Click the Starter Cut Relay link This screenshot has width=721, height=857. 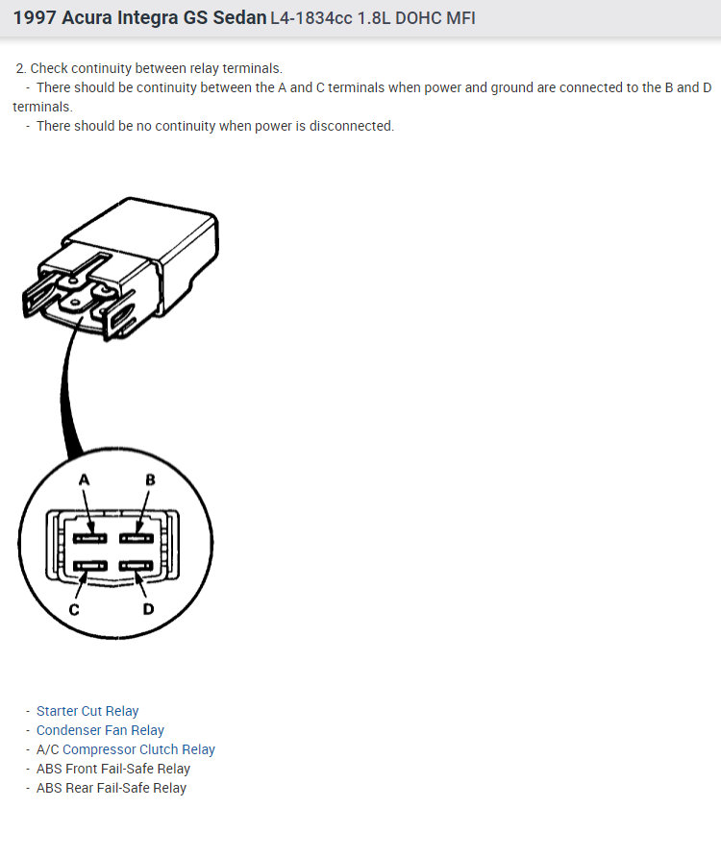click(87, 711)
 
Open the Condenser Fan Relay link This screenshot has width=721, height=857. click(100, 730)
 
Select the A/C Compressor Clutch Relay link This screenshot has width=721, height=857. click(125, 749)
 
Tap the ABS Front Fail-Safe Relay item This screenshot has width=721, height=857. click(112, 769)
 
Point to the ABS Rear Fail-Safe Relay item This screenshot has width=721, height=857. click(112, 788)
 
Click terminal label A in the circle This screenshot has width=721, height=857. click(85, 479)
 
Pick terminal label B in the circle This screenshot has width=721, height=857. click(150, 479)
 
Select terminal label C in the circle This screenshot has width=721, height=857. click(74, 609)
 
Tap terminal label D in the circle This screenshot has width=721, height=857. click(148, 609)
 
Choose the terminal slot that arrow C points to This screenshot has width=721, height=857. click(91, 567)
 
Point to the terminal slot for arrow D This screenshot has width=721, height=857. click(137, 567)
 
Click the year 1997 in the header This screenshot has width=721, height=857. click(35, 17)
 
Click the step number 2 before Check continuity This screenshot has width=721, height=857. click(20, 68)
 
